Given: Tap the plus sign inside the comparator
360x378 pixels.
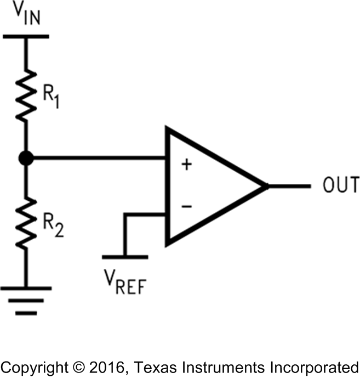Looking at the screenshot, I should click(x=186, y=165).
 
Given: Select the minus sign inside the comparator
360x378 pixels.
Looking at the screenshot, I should click(x=186, y=206).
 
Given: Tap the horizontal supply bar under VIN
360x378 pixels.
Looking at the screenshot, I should click(x=26, y=37).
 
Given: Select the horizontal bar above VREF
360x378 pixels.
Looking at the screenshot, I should click(x=125, y=256).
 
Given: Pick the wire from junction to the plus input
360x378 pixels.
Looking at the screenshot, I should click(x=99, y=159).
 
